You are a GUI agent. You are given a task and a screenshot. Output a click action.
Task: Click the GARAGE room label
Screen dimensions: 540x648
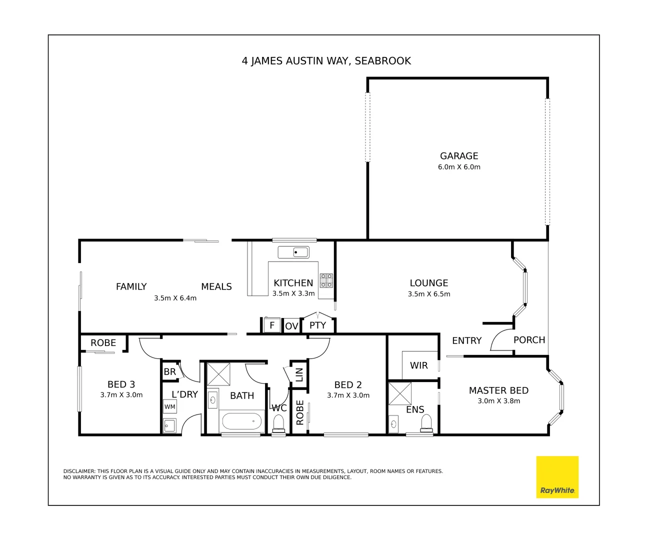click(459, 156)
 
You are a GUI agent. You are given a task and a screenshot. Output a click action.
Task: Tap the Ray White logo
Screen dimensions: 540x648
click(557, 477)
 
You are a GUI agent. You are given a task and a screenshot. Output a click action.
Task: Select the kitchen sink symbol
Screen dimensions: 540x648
click(293, 252)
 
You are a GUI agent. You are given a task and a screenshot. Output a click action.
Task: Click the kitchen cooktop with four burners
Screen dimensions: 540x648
click(326, 280)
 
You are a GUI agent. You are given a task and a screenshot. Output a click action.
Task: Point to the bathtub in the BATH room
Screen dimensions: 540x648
click(242, 421)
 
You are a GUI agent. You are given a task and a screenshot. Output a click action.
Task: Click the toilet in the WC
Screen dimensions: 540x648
click(278, 424)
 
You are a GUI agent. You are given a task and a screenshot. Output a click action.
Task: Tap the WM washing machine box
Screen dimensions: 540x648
click(170, 406)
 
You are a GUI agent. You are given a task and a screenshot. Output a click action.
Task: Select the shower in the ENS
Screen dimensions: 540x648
click(400, 393)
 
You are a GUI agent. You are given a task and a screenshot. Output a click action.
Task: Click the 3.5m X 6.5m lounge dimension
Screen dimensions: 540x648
click(429, 294)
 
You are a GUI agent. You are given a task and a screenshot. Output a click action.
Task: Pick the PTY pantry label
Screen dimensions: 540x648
click(317, 325)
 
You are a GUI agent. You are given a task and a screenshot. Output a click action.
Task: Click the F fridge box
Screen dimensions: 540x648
click(272, 325)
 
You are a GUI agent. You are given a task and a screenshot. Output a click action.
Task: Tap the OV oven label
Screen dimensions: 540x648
click(291, 326)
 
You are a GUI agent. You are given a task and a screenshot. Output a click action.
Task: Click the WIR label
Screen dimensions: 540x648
click(419, 365)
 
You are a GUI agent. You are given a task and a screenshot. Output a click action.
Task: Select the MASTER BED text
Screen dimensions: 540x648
click(498, 390)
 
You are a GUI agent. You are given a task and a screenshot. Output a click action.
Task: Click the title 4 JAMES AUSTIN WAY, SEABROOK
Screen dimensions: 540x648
click(326, 61)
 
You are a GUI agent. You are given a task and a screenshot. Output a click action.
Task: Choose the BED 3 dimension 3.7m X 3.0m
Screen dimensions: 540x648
click(121, 395)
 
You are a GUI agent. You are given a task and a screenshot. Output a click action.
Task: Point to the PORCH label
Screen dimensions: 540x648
click(529, 340)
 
